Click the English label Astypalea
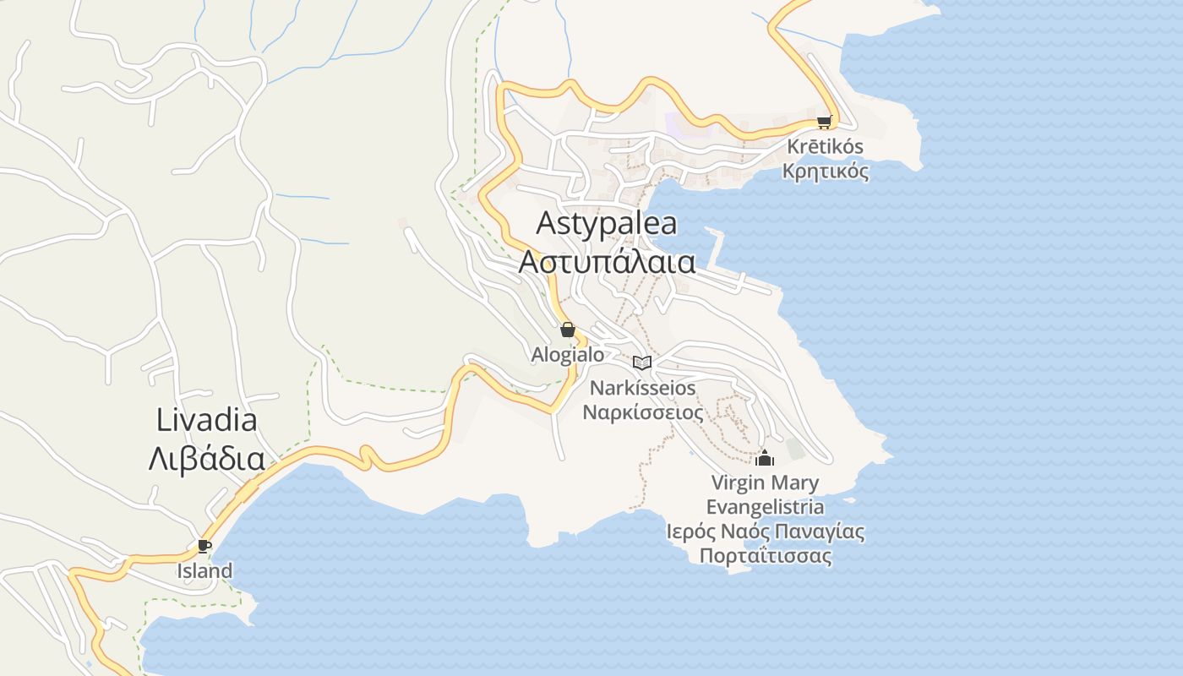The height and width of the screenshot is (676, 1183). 607,224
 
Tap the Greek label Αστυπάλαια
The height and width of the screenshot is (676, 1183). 607,262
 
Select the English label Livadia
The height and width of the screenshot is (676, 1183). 207,420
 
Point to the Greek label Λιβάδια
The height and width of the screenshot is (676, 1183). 207,459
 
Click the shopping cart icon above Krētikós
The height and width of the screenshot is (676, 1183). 825,122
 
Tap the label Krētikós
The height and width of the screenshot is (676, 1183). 825,146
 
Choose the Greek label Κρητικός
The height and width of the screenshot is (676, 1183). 825,171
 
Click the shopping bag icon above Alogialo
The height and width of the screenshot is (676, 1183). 568,330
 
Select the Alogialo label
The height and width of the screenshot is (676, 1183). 568,354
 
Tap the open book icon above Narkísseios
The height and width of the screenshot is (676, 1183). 642,363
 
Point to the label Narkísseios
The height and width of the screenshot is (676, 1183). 643,388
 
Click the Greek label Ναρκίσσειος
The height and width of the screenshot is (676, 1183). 643,412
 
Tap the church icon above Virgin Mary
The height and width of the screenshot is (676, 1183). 765,458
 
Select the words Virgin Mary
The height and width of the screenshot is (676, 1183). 765,483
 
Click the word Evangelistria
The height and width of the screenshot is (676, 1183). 765,507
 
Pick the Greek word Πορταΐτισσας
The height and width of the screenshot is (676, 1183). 765,556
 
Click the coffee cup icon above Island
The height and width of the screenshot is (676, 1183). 204,546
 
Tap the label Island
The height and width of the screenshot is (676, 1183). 204,571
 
